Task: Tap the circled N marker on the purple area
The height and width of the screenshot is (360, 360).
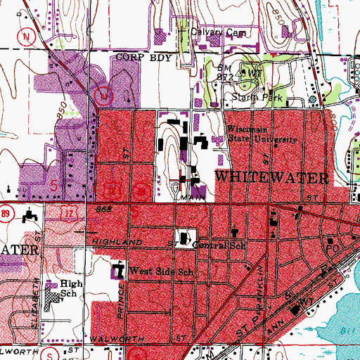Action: pyautogui.click(x=104, y=93)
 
